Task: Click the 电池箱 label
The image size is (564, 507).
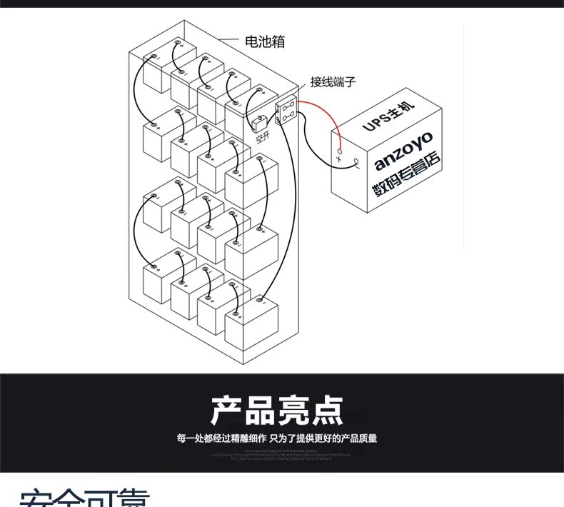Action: tap(265, 43)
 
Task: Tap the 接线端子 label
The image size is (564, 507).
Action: tap(333, 82)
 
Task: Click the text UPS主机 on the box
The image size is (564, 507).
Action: tap(386, 119)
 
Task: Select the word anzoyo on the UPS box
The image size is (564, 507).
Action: tap(404, 151)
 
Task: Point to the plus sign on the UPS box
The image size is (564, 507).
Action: tap(339, 159)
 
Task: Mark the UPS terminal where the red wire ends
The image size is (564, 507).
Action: tap(340, 150)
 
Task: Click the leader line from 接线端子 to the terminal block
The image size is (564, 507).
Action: tap(300, 89)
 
